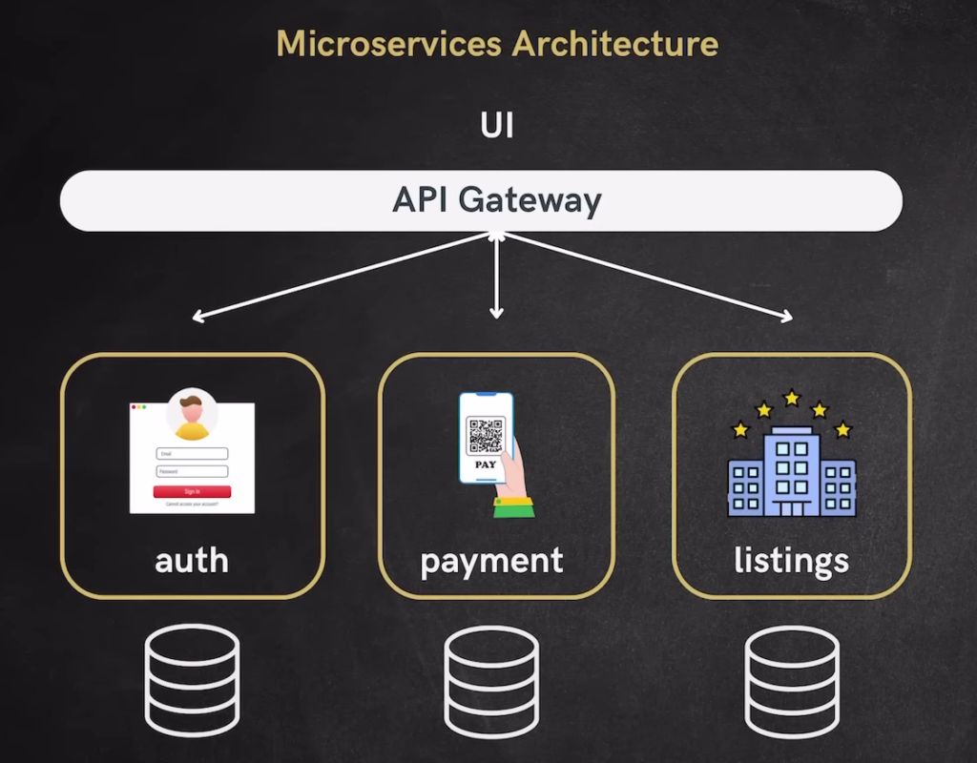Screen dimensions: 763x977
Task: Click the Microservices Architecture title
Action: click(496, 43)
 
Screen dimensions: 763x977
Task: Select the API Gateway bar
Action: click(481, 200)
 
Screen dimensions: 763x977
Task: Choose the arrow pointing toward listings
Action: click(649, 277)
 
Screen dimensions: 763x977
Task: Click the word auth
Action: click(192, 560)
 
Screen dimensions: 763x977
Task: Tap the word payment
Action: click(491, 560)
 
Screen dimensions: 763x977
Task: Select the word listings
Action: click(791, 560)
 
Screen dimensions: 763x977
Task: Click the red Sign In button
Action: click(192, 491)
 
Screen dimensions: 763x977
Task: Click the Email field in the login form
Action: click(192, 454)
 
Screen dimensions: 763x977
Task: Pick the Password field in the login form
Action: click(192, 471)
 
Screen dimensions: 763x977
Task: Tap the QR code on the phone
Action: click(485, 435)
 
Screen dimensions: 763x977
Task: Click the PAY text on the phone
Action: click(485, 464)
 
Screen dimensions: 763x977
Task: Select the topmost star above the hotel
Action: click(791, 397)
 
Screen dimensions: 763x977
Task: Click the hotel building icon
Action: click(791, 474)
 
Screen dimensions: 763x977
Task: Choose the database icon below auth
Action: click(192, 680)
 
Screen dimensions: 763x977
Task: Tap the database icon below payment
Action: click(491, 680)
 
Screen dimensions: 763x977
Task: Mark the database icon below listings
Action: click(791, 680)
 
